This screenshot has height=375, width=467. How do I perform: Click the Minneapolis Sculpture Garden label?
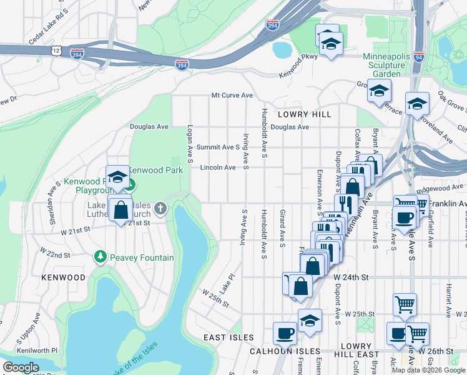pos(386,61)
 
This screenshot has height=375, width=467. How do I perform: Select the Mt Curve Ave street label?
pos(232,96)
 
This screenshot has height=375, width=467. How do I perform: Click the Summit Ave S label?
pos(219,147)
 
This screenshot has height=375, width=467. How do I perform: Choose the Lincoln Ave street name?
pos(218,167)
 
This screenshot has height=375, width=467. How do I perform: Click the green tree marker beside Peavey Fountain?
pos(100,256)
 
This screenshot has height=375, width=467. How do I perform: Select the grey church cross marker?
pos(160,208)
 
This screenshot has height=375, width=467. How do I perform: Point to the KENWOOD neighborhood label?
pos(63,277)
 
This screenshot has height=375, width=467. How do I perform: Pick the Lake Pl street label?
pos(228,283)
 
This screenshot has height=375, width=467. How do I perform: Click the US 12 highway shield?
pos(57,49)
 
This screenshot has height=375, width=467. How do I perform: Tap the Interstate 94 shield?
pos(418,57)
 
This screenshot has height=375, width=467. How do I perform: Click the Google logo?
pos(21,367)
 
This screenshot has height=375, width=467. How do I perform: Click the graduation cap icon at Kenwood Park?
pos(117,177)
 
